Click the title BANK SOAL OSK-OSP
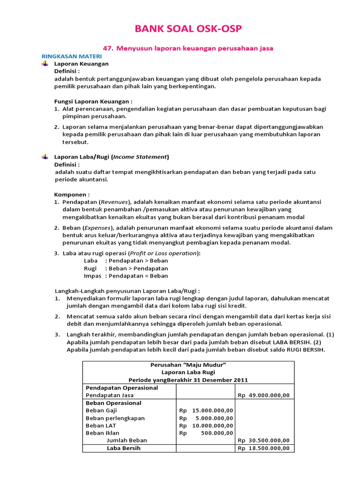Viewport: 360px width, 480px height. [x=189, y=30]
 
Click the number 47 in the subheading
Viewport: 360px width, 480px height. [x=107, y=48]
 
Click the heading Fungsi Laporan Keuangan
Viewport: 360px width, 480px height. [x=93, y=101]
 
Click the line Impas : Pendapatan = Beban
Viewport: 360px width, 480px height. [x=126, y=276]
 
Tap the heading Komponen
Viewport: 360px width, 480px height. [x=72, y=194]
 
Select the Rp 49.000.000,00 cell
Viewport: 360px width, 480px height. [x=263, y=395]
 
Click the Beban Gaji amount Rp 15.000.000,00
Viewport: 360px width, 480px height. [x=206, y=410]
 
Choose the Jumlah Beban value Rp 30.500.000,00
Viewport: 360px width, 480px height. [x=263, y=440]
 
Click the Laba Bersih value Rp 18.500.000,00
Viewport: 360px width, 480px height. [x=263, y=448]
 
